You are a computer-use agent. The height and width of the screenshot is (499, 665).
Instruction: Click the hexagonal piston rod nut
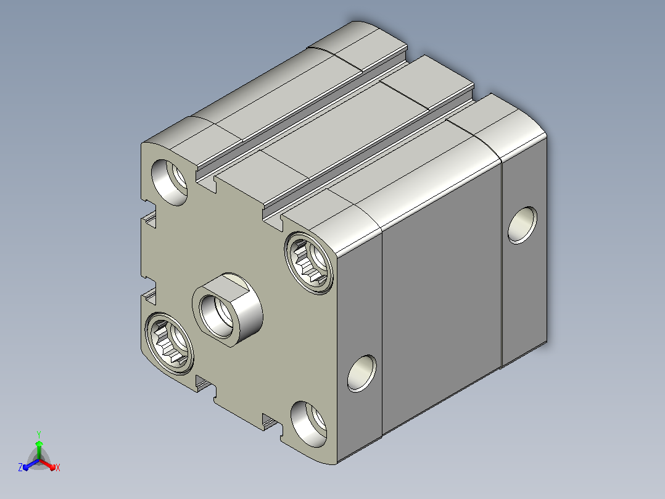coord(227,309)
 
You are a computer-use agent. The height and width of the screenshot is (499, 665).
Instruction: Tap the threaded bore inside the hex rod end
coord(217,316)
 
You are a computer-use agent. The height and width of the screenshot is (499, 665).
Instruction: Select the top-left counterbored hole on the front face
coord(170,182)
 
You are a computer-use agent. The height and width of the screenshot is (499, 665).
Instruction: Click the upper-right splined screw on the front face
coord(308,263)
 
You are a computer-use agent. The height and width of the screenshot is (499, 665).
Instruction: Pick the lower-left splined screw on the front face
coord(169,344)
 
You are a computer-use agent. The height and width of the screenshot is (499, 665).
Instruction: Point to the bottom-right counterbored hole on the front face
coord(308,424)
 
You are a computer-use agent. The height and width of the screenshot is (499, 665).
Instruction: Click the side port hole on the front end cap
coord(361,373)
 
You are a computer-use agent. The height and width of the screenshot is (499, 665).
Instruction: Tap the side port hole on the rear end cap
coord(522,225)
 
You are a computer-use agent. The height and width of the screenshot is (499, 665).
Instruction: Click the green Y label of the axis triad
coord(39,435)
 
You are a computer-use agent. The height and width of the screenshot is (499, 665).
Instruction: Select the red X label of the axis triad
coord(58,468)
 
